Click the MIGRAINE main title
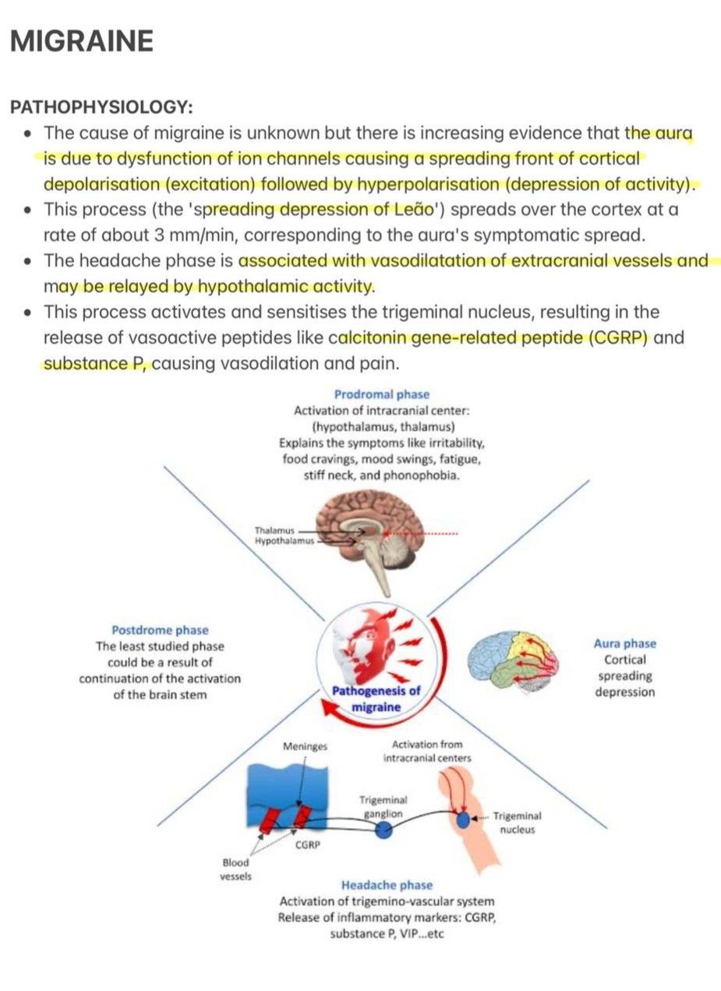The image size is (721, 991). click(81, 41)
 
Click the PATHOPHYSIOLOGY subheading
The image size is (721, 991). click(101, 107)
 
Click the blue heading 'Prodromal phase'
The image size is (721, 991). click(381, 395)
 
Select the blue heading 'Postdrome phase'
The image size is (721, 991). click(160, 629)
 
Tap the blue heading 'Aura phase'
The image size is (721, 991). click(624, 643)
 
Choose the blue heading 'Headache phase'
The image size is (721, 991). click(387, 885)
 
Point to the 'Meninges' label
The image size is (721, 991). click(305, 746)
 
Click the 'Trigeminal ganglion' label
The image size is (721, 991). click(383, 807)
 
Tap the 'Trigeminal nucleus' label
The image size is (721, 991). click(517, 823)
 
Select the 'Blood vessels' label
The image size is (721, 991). click(235, 869)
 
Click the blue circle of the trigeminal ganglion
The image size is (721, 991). click(383, 830)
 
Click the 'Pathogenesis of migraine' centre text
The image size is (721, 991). click(376, 699)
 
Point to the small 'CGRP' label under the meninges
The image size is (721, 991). click(309, 844)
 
